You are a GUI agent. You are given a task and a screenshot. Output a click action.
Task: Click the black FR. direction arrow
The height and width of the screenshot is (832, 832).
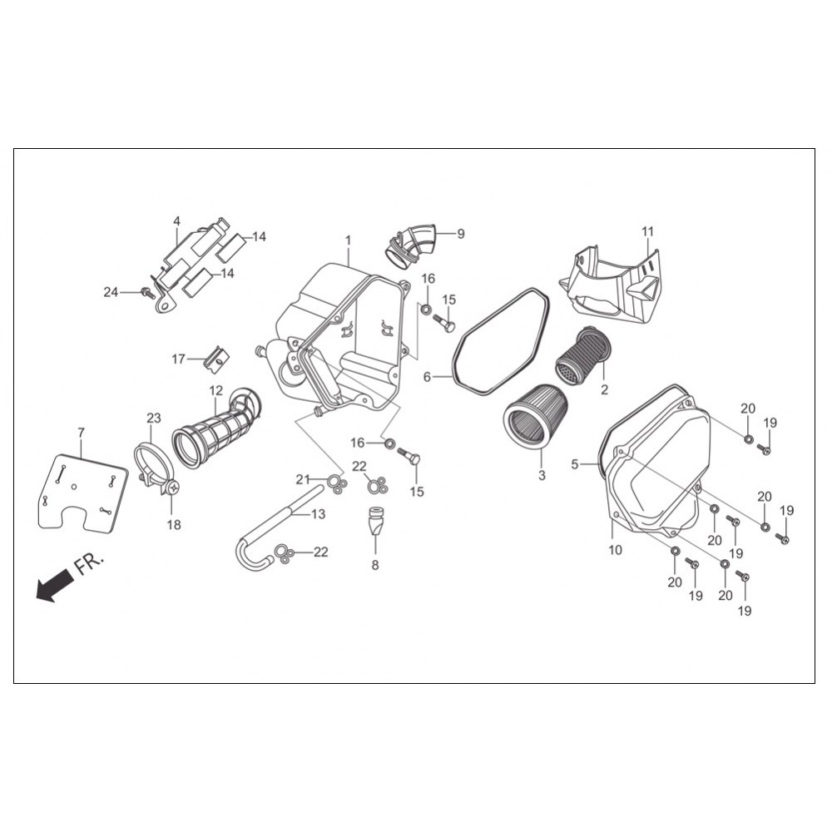coord(54,584)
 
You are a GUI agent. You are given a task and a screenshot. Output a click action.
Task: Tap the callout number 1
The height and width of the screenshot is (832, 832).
coord(348,240)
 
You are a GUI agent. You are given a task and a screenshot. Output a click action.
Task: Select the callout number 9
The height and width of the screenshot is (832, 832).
coord(461,234)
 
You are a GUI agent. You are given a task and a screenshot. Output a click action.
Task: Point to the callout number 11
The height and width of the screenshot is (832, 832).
coord(647,232)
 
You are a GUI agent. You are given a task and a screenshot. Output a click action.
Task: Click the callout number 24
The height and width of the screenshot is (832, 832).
coord(111,292)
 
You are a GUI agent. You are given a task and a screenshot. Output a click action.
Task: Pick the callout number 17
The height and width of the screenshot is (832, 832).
coord(178,359)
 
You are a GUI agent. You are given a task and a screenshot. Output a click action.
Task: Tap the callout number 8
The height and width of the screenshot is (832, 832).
coord(375,565)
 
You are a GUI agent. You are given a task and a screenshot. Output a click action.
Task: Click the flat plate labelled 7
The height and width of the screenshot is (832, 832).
coord(83,490)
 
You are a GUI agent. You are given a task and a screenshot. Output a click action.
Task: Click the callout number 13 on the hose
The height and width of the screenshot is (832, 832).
coord(318,513)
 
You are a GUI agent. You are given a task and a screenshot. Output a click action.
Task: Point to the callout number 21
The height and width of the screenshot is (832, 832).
coord(303,480)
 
